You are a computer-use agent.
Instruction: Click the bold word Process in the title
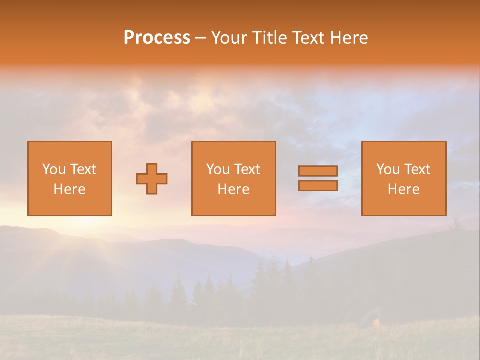pyautogui.click(x=157, y=38)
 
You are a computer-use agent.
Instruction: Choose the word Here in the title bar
pyautogui.click(x=350, y=38)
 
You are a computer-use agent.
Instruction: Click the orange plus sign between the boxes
pyautogui.click(x=152, y=179)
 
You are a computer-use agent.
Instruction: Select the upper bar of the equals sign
pyautogui.click(x=318, y=171)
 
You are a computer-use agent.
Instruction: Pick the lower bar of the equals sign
pyautogui.click(x=318, y=186)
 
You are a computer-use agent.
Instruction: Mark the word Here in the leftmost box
pyautogui.click(x=69, y=189)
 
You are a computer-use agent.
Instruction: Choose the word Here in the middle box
pyautogui.click(x=233, y=189)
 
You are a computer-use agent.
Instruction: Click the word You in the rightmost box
pyautogui.click(x=388, y=169)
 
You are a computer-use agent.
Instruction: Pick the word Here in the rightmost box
pyautogui.click(x=403, y=189)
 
